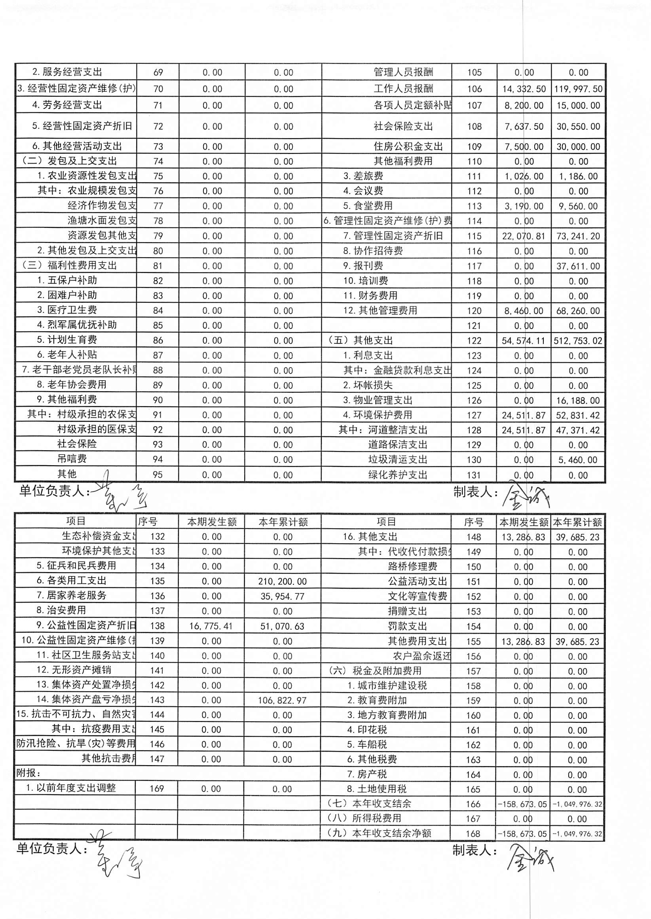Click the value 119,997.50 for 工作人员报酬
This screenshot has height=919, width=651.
coord(578,89)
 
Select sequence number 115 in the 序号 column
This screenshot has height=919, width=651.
coord(474,236)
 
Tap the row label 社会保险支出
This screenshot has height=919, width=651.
coord(403,127)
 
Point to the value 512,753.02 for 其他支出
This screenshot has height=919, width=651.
coord(578,341)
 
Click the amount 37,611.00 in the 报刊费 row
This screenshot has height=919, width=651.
coord(578,266)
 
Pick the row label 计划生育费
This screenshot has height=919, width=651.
coord(67,340)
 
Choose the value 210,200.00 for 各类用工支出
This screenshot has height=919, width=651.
coord(283,581)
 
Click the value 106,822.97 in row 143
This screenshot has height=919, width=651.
coord(283,700)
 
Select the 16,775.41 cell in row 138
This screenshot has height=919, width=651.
coord(211,626)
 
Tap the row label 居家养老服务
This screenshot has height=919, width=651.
coord(72,595)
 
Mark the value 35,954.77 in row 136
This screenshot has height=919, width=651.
coord(283,596)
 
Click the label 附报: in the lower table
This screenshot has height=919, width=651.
coord(28,773)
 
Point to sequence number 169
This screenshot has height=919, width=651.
coord(156,788)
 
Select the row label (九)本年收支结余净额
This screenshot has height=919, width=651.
coord(379,833)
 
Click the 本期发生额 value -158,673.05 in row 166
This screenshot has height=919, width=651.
coord(522,804)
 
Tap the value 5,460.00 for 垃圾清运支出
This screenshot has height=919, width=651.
coord(578,460)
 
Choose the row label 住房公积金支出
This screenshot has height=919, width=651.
coord(408,147)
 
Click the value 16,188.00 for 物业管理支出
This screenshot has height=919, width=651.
coord(578,400)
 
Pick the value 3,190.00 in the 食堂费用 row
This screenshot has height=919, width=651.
coord(524,207)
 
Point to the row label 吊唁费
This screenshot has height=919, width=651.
coord(72,459)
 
